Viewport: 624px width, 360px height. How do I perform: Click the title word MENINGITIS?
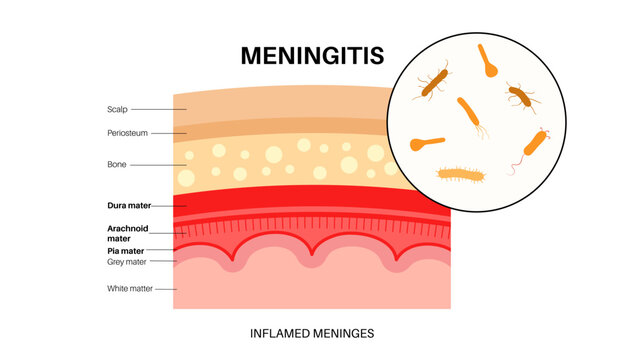[x=310, y=55]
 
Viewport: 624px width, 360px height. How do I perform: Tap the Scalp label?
[x=117, y=109]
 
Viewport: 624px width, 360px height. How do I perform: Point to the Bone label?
[x=116, y=164]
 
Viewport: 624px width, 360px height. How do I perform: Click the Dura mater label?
[x=128, y=205]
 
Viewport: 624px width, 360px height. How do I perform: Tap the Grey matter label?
[x=127, y=262]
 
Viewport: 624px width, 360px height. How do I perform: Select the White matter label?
[x=129, y=289]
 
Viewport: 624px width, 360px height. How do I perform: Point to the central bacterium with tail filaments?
[x=471, y=114]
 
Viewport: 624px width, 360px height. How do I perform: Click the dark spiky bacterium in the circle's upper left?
[x=433, y=83]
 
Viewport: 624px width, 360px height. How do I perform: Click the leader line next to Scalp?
[x=152, y=109]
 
